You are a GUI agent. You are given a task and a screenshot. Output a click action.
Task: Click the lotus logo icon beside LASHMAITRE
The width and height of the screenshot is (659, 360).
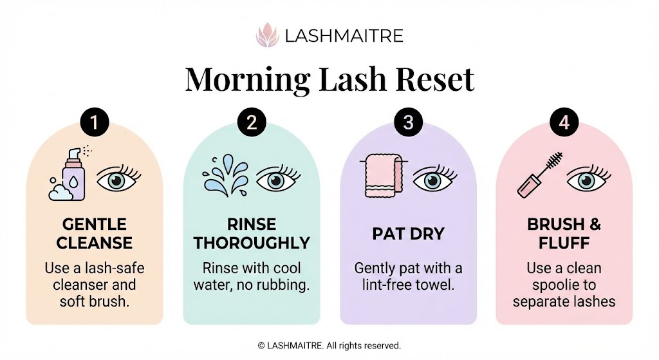point(266,34)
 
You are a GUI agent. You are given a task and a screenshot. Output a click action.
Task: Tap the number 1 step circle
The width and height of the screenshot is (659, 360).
point(95,123)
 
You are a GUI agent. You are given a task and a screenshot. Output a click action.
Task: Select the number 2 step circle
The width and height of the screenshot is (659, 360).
point(251,123)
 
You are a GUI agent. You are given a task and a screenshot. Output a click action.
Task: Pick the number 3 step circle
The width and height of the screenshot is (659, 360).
point(408,123)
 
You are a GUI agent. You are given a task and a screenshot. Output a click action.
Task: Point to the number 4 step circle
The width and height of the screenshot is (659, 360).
point(564,123)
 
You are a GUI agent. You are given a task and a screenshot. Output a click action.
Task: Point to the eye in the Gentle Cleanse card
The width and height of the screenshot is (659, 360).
point(118,180)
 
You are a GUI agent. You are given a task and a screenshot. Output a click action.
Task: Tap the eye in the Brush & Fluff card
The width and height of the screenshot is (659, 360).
point(588,180)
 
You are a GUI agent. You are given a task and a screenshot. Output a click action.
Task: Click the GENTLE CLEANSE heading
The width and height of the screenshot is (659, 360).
point(94,234)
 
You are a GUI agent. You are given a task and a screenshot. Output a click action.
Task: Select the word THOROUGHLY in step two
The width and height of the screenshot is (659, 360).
point(252,243)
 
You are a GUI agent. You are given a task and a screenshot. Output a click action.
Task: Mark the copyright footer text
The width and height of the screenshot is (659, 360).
point(329,346)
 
